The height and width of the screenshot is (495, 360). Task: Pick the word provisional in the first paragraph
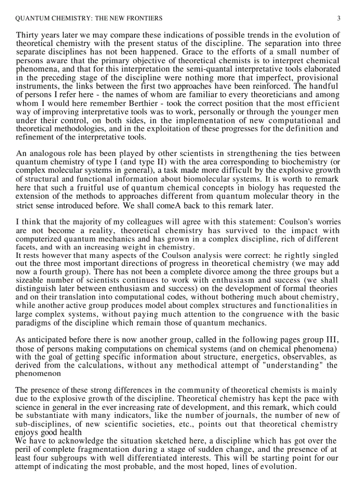pos(320,78)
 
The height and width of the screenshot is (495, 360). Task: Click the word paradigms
pos(32,323)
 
